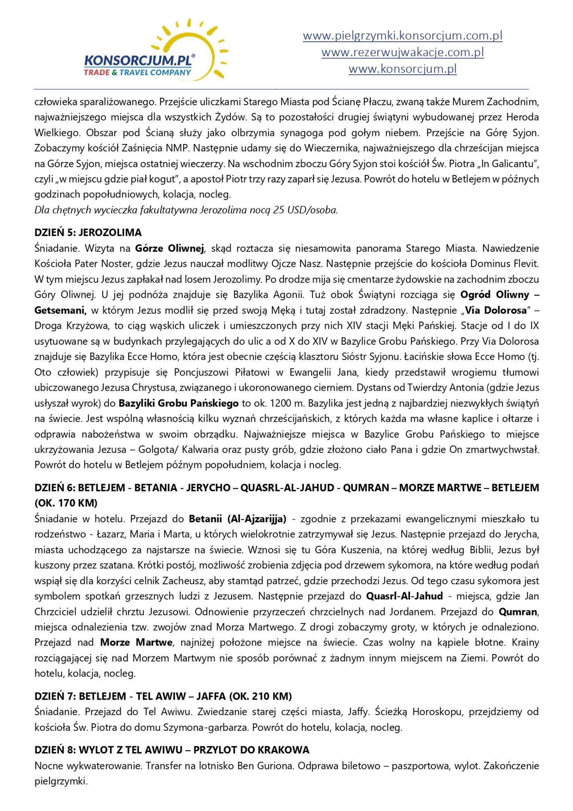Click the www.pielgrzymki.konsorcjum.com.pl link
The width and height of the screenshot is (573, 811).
click(402, 36)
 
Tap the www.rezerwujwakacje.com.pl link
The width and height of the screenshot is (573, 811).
click(402, 52)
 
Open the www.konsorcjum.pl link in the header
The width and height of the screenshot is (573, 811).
click(402, 69)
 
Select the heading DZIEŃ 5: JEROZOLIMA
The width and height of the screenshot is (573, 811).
click(88, 233)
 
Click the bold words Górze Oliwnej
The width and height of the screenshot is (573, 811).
click(170, 248)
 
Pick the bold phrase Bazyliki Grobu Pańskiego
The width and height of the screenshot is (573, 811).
click(179, 404)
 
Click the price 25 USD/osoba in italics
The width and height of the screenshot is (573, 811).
click(305, 210)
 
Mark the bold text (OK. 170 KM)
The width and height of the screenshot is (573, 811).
click(66, 503)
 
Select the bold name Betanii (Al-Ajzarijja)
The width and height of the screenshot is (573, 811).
click(237, 519)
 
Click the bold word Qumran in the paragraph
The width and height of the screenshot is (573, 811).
click(518, 612)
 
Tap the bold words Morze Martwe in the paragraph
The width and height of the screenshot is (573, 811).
click(136, 642)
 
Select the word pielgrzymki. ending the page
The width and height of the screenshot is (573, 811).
click(61, 781)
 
